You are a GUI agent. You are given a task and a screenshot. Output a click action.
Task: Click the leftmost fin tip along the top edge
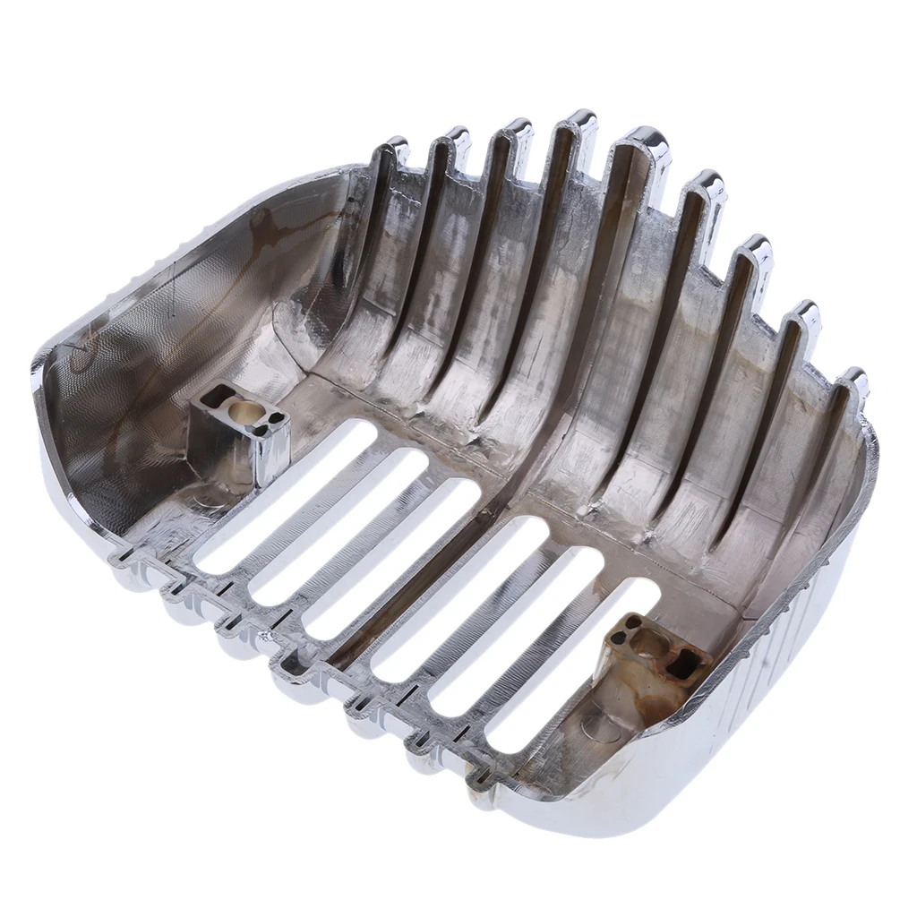point(395,147)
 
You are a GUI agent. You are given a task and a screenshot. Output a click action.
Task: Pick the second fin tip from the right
point(805,313)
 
